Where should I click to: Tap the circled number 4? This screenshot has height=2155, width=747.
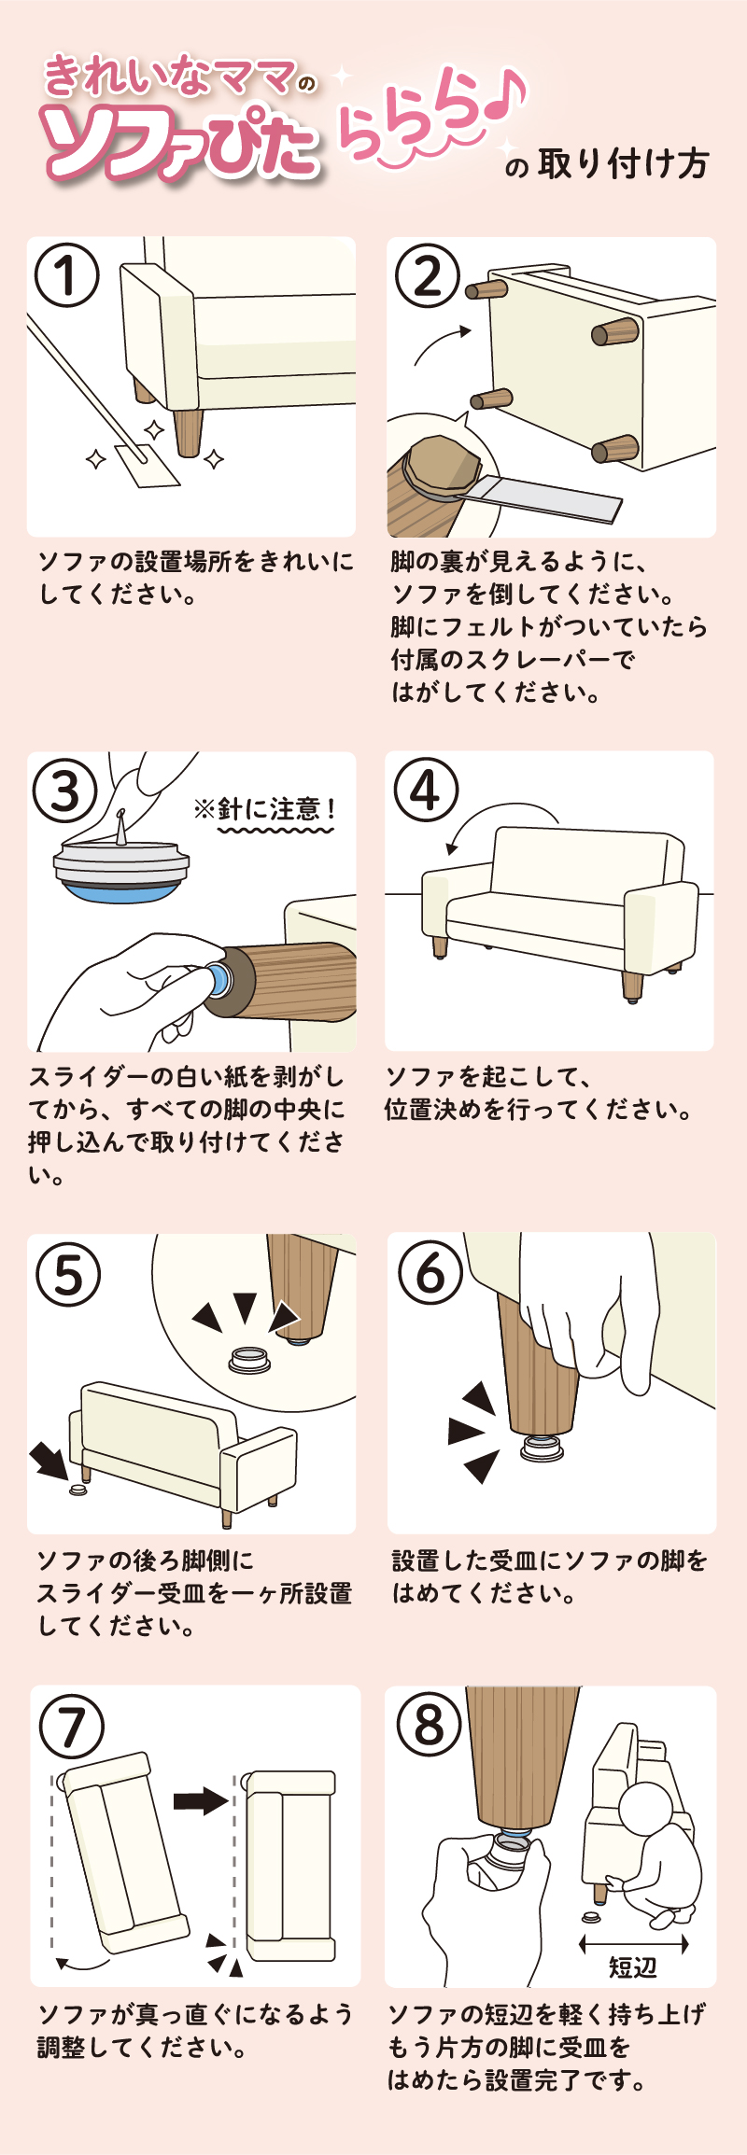(427, 790)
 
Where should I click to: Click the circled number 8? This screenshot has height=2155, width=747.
(429, 1726)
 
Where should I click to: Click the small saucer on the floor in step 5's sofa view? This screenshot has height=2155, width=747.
(78, 1490)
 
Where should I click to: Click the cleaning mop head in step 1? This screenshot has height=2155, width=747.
(146, 465)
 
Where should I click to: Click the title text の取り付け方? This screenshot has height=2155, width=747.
(607, 164)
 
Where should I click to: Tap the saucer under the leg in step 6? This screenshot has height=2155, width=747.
(543, 1448)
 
